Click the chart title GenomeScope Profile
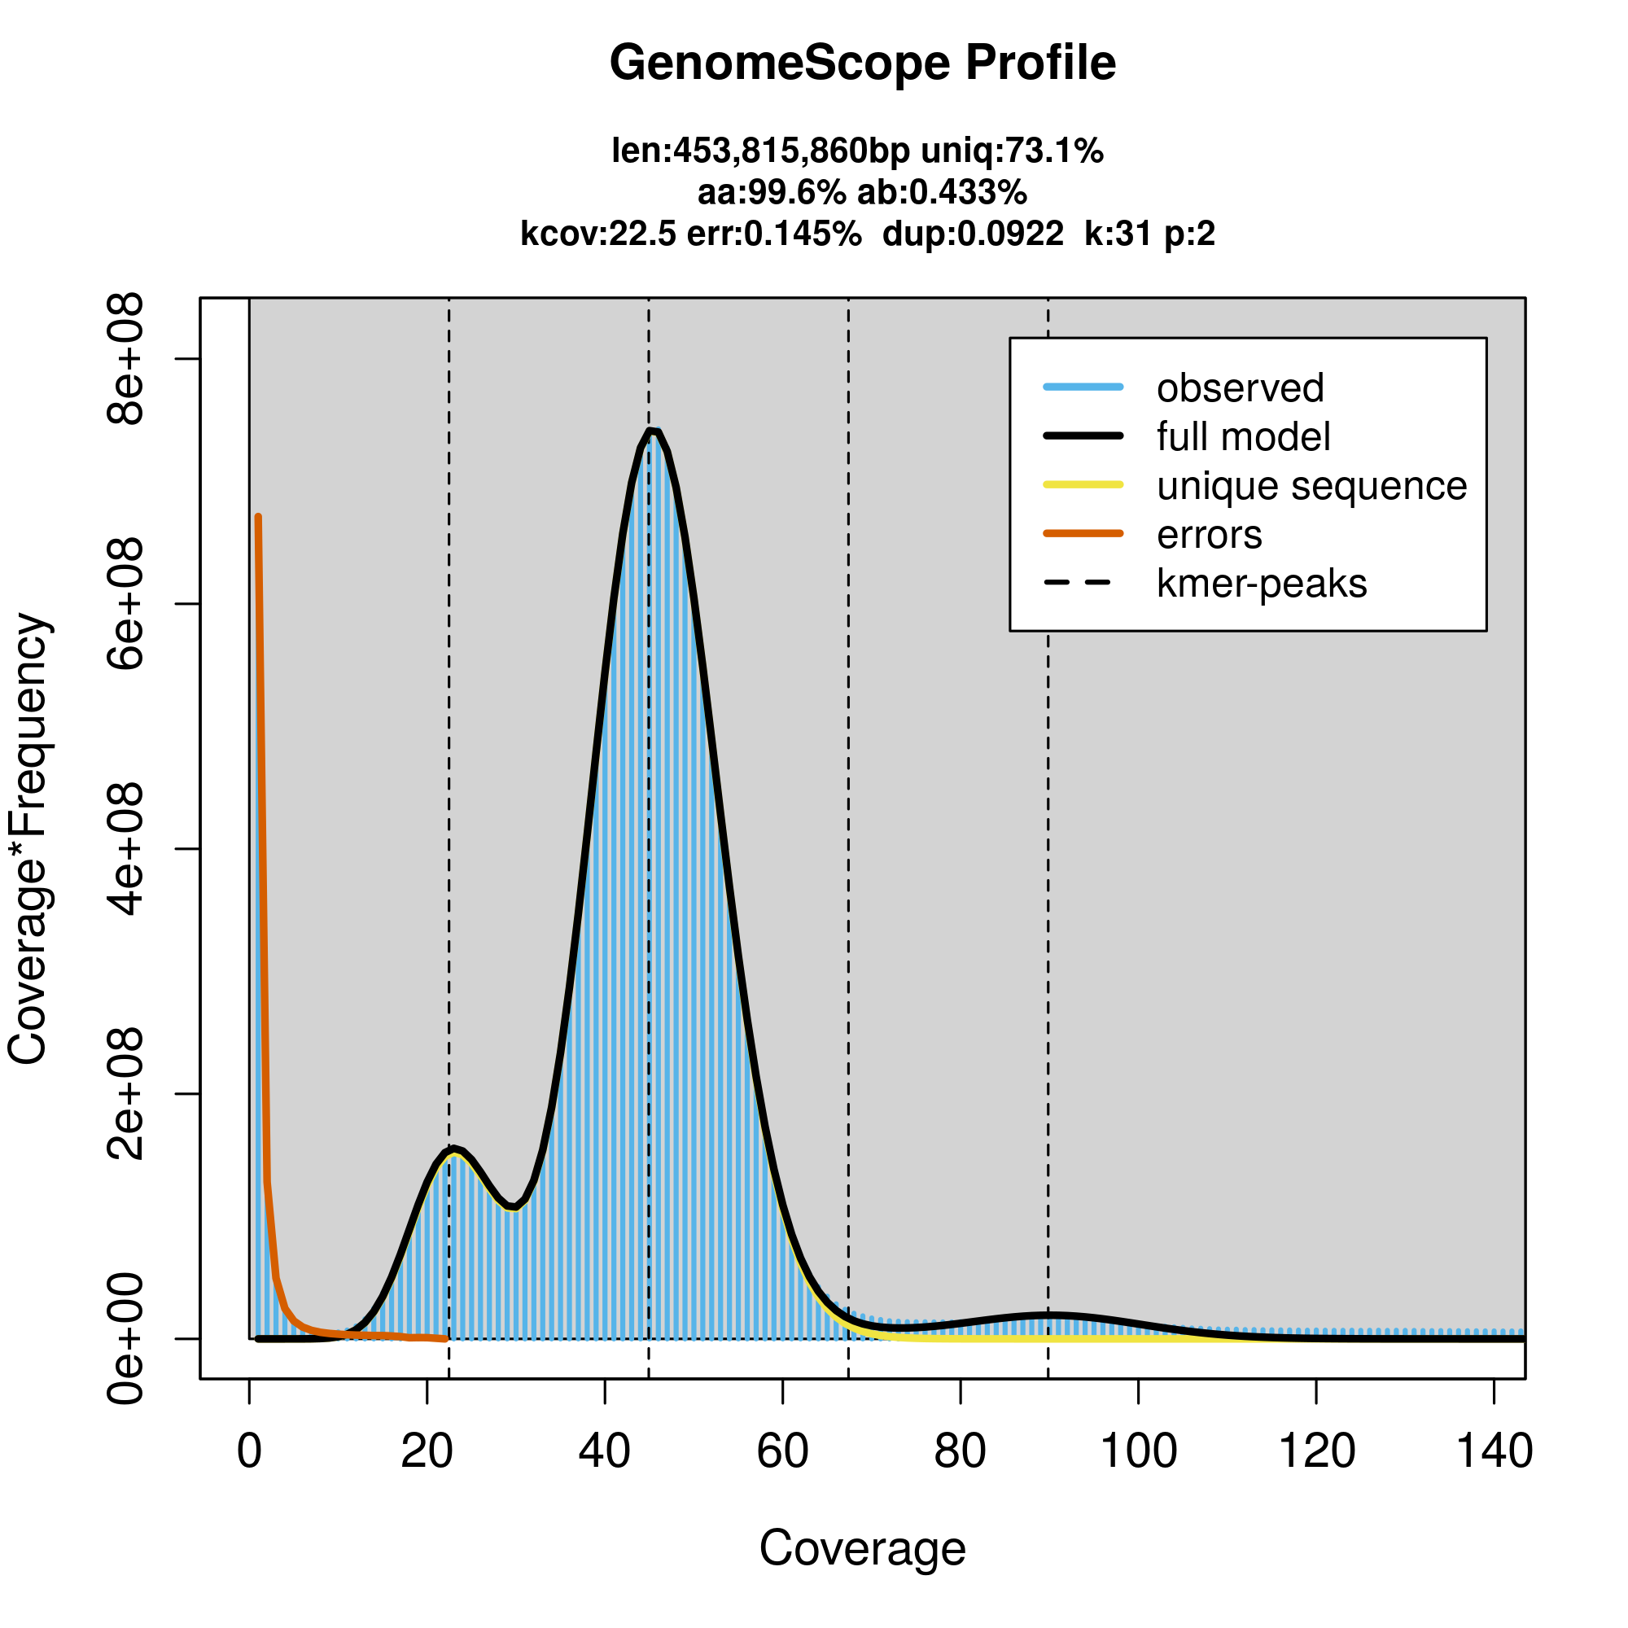tap(862, 63)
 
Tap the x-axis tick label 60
tap(782, 1452)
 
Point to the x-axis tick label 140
tap(1493, 1452)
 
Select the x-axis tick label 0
tap(248, 1452)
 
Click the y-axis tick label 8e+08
tap(125, 359)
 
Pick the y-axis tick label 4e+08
tap(125, 848)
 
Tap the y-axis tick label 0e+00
tap(125, 1338)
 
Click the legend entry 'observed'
tap(1240, 388)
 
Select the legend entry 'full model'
tap(1243, 437)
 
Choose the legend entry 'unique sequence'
tap(1311, 486)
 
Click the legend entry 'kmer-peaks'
tap(1261, 584)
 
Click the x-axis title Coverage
tap(862, 1549)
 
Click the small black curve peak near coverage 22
tap(453, 1149)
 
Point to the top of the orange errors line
tap(258, 517)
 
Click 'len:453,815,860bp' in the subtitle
tap(760, 151)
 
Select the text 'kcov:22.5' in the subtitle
tap(597, 234)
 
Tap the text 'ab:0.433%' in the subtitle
tap(941, 193)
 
